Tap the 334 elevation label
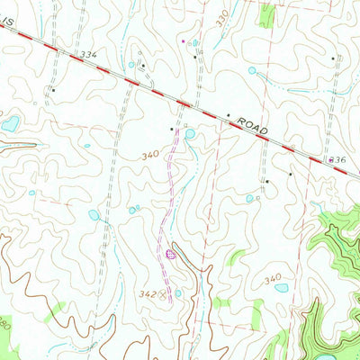click(87, 55)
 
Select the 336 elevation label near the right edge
click(337, 158)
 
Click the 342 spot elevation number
click(147, 294)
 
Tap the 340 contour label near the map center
click(150, 156)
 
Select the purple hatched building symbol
click(170, 256)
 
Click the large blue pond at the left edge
click(10, 124)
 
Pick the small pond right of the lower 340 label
click(282, 289)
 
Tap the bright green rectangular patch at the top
click(266, 12)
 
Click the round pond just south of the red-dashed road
click(190, 134)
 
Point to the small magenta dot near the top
click(183, 40)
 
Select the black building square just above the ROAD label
click(228, 116)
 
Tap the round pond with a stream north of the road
click(252, 70)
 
